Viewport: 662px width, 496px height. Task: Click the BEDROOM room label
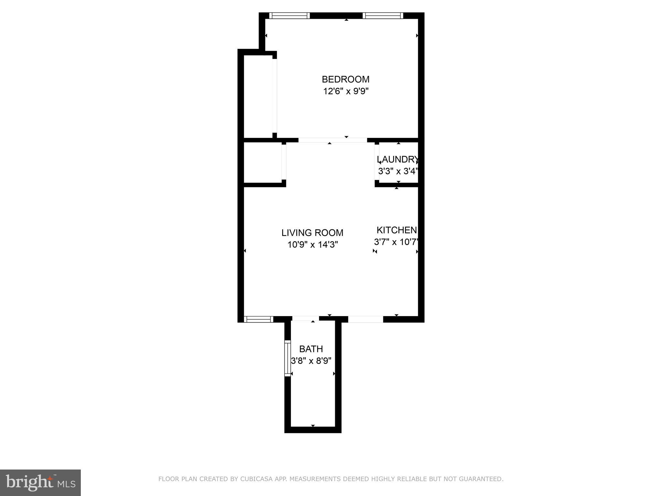(x=345, y=79)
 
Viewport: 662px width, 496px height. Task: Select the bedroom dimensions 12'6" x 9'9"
(x=346, y=91)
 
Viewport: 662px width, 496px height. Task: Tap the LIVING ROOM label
(x=312, y=232)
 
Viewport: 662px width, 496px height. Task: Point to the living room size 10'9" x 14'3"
(x=313, y=245)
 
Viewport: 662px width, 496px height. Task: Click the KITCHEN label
(x=396, y=230)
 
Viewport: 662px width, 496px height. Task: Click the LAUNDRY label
(x=398, y=159)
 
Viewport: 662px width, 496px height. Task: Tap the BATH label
(x=311, y=349)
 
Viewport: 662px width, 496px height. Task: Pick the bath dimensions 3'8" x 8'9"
(x=311, y=361)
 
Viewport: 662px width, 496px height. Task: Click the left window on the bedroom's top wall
(x=289, y=15)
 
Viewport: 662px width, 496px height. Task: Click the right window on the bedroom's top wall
(x=382, y=15)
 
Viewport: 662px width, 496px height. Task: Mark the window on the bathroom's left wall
(x=287, y=358)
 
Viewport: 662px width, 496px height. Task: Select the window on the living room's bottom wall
(x=258, y=319)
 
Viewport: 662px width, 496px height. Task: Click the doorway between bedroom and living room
(x=332, y=140)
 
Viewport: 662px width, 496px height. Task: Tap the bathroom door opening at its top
(x=305, y=318)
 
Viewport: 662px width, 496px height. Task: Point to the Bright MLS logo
(x=40, y=482)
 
